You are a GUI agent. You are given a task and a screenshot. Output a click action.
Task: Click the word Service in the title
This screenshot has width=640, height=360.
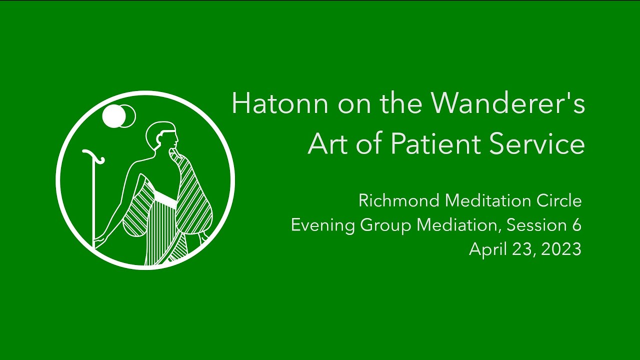(537, 144)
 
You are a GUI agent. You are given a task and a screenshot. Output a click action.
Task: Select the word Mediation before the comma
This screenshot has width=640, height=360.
(458, 225)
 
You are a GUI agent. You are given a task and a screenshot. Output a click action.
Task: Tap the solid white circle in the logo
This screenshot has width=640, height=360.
(113, 116)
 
